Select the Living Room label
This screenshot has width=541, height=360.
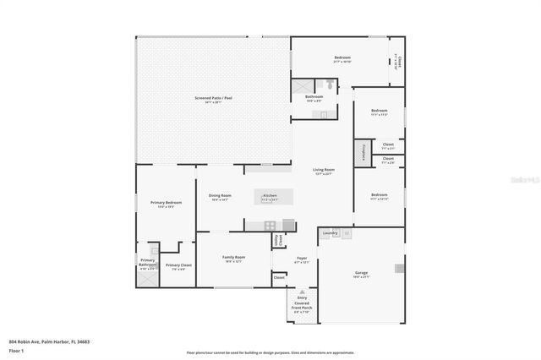pos(324,171)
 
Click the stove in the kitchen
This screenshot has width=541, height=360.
pos(270,225)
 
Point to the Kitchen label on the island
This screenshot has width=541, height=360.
pos(270,197)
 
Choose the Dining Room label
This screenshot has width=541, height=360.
pos(220,197)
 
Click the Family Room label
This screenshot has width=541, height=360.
pos(232,258)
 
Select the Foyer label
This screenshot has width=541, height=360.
pos(302,259)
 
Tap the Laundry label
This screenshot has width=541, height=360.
pos(331,232)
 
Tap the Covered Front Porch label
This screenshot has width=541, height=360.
pos(302,303)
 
